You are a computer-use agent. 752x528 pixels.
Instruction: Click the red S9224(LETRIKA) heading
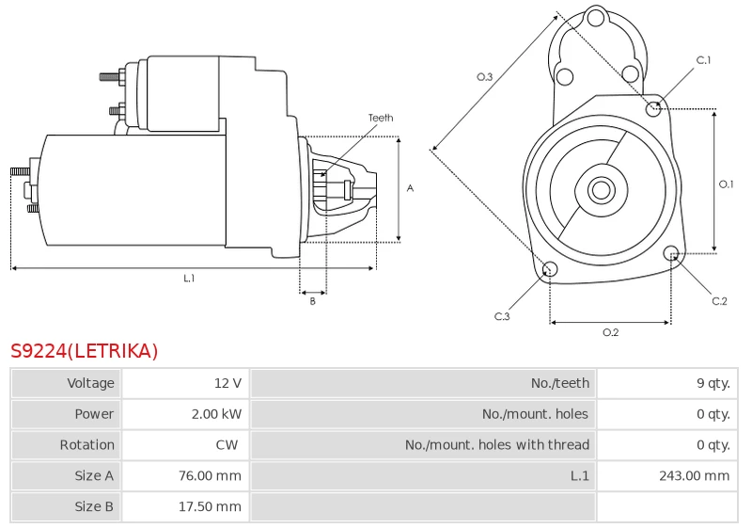(x=84, y=351)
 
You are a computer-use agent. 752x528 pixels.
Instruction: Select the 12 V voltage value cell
(x=227, y=383)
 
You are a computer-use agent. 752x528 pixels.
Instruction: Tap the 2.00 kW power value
(x=216, y=414)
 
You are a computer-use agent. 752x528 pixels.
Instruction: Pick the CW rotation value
(x=227, y=444)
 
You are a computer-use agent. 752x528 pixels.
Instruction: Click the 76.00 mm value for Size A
(x=210, y=475)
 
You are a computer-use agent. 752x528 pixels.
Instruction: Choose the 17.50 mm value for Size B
(x=210, y=506)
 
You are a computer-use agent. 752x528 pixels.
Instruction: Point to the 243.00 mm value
(x=694, y=475)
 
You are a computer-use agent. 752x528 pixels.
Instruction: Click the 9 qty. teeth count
(x=713, y=383)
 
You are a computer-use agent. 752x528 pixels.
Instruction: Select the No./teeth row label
(x=559, y=383)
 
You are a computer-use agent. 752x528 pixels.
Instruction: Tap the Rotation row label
(x=86, y=444)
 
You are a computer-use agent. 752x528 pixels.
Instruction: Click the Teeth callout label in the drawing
(x=381, y=118)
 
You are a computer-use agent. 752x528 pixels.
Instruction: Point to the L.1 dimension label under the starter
(x=189, y=278)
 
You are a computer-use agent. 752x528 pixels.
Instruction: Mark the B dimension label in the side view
(x=312, y=301)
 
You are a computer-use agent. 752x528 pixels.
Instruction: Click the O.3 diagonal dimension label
(x=484, y=77)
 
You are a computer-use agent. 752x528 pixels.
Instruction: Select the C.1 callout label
(x=703, y=60)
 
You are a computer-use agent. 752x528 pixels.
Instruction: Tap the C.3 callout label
(x=502, y=316)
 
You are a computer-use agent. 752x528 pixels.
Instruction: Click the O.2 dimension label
(x=610, y=332)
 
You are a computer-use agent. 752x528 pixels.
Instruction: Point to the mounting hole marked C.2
(x=671, y=252)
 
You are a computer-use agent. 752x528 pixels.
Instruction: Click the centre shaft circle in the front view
(x=601, y=189)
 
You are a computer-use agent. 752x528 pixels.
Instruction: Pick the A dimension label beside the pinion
(x=410, y=188)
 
